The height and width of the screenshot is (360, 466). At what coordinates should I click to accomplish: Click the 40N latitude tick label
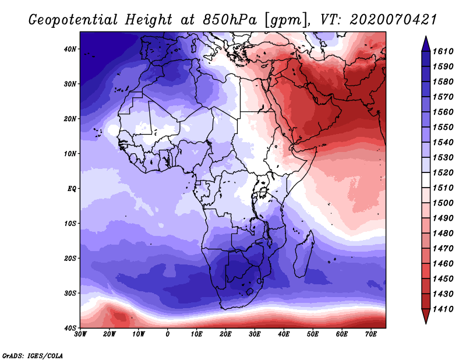pyautogui.click(x=70, y=49)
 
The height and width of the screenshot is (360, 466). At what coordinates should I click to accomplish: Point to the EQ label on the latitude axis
pyautogui.click(x=72, y=189)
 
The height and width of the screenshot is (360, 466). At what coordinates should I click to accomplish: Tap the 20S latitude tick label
pyautogui.click(x=70, y=258)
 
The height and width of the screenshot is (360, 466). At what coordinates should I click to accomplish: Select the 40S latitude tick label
pyautogui.click(x=70, y=328)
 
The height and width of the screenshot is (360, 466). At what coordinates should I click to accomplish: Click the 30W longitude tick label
pyautogui.click(x=80, y=334)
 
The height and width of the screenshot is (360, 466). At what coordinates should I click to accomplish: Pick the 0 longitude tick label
pyautogui.click(x=168, y=334)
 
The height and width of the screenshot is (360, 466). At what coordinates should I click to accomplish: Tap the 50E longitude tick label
pyautogui.click(x=313, y=334)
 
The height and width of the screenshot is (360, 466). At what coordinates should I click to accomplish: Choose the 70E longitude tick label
pyautogui.click(x=371, y=334)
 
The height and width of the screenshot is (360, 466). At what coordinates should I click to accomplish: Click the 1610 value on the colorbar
pyautogui.click(x=443, y=51)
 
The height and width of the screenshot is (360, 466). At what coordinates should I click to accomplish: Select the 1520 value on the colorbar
pyautogui.click(x=443, y=172)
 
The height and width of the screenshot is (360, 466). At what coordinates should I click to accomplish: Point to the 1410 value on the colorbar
pyautogui.click(x=443, y=309)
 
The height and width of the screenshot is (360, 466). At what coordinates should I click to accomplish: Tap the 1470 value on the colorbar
pyautogui.click(x=443, y=249)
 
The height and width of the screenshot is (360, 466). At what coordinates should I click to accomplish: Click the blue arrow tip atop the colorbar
pyautogui.click(x=426, y=37)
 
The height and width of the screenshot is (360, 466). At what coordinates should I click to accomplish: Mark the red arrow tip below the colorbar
pyautogui.click(x=426, y=323)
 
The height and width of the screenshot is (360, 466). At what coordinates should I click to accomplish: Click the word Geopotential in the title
pyautogui.click(x=73, y=20)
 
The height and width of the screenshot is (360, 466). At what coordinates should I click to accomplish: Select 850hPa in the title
pyautogui.click(x=230, y=20)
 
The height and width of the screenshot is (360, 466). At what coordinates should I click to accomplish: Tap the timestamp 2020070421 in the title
pyautogui.click(x=393, y=20)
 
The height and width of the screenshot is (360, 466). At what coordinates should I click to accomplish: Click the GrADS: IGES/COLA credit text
pyautogui.click(x=33, y=355)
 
